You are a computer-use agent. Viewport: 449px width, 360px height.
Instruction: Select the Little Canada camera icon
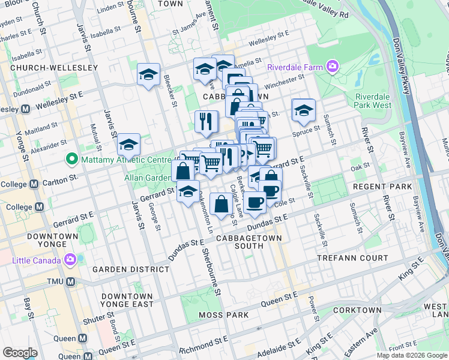pos(70,260)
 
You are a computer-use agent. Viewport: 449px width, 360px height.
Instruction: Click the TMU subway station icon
pos(70,281)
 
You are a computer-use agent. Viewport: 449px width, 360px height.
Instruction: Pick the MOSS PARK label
pos(226,315)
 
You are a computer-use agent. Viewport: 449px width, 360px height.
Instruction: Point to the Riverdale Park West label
pos(373,101)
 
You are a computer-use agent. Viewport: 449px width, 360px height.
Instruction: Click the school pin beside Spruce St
pos(304,110)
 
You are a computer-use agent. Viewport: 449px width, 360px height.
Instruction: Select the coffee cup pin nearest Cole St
pos(255,202)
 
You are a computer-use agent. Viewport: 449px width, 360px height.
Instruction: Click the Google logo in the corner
pos(20,353)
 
